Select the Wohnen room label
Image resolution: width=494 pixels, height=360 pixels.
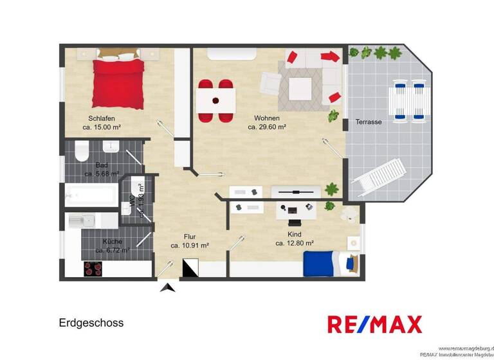(x=266, y=119)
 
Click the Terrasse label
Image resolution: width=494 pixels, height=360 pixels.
(x=369, y=122)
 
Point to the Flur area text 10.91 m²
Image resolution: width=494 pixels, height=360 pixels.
(x=189, y=246)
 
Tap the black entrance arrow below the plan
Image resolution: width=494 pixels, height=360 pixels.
(x=167, y=287)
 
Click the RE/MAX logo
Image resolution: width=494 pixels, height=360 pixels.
(x=374, y=324)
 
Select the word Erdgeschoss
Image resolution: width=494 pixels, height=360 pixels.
(x=91, y=323)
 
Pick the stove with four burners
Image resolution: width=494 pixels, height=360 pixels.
(x=93, y=269)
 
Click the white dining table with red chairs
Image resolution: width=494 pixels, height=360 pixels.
(x=215, y=100)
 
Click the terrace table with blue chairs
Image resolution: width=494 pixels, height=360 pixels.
(x=410, y=100)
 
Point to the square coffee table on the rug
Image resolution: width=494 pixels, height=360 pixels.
(x=300, y=89)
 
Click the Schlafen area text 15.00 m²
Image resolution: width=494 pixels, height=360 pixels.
(x=102, y=127)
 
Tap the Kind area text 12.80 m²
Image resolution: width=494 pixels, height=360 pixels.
(x=294, y=244)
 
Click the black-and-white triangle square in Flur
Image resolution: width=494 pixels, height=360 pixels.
(x=192, y=268)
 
